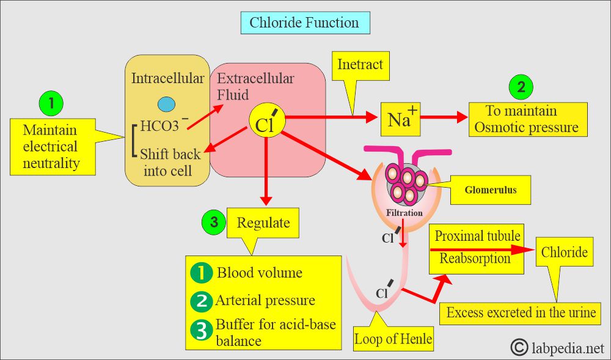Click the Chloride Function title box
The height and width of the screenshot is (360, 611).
tap(305, 23)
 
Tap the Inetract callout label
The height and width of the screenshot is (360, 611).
tap(360, 65)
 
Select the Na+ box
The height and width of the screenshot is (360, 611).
tap(400, 119)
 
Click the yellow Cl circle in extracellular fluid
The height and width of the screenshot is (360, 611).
tap(268, 120)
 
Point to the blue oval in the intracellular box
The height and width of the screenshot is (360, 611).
tap(166, 105)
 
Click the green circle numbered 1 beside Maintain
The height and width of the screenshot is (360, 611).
tap(51, 104)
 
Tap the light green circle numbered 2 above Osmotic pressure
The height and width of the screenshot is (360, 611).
tap(521, 87)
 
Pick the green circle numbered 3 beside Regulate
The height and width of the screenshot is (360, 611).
tap(213, 223)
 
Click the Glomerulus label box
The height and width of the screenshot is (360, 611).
tap(490, 190)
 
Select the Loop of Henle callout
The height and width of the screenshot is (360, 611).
tap(393, 339)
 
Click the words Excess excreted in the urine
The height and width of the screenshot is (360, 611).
tap(521, 313)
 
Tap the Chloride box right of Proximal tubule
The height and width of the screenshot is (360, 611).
tap(564, 252)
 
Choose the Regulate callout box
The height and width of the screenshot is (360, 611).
tap(263, 223)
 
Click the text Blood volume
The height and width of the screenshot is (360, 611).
tap(260, 273)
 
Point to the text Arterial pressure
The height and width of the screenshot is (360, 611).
tap(265, 300)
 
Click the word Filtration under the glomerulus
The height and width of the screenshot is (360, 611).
tap(404, 213)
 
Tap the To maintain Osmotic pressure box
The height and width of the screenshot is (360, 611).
tap(528, 120)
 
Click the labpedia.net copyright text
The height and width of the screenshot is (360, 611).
tap(558, 347)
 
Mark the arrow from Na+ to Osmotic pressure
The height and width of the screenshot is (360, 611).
tap(444, 117)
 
